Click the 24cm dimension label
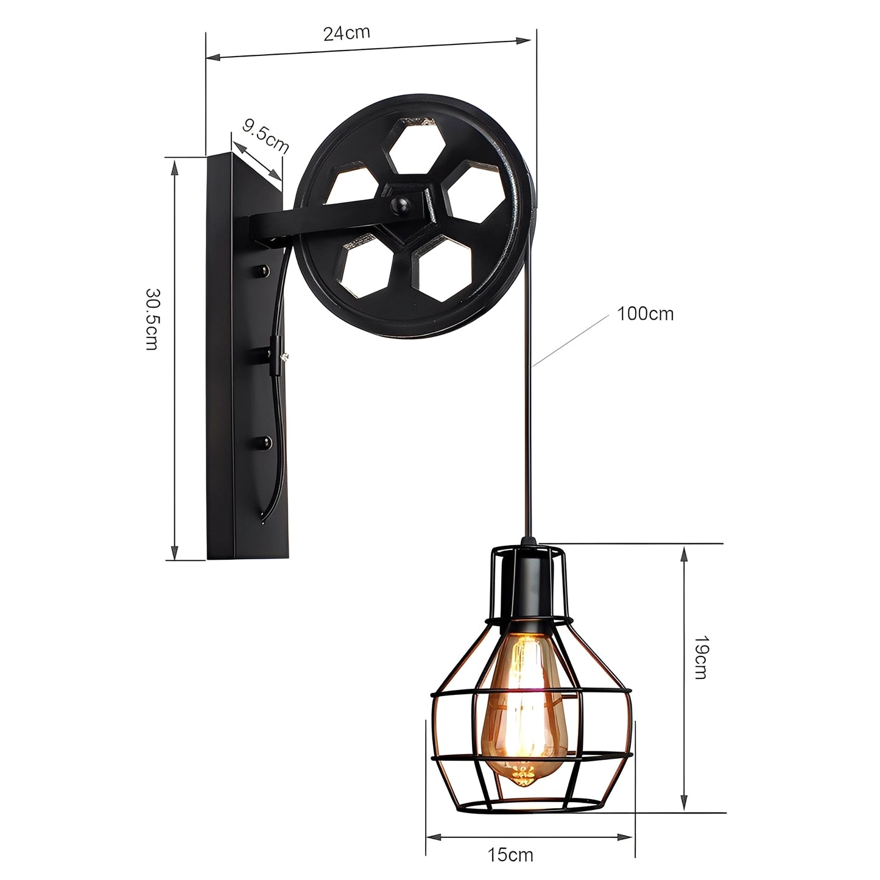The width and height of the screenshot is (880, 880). pos(347,32)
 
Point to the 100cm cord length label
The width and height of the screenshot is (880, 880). pos(645,314)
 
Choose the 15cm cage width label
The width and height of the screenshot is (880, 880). pos(510,854)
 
